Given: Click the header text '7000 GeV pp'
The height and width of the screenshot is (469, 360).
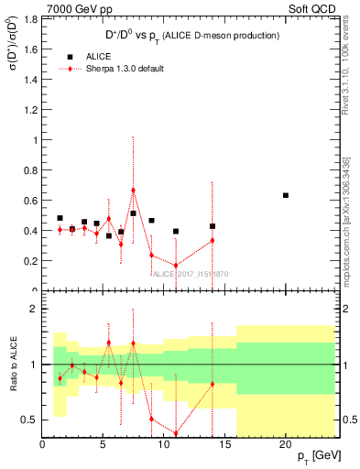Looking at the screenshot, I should point(36,7).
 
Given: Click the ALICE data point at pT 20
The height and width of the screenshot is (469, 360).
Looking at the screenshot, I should point(286,195).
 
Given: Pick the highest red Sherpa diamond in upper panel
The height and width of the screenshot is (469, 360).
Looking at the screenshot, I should point(133,191).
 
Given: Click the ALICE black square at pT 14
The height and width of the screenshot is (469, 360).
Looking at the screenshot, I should point(213,226).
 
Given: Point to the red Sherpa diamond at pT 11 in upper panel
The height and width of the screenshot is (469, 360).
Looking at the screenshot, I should point(176,266).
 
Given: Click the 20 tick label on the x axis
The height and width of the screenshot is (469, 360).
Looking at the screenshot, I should point(286,444).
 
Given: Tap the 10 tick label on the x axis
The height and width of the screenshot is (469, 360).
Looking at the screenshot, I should point(164,444).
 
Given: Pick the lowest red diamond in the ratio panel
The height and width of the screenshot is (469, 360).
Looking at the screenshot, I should point(176,433).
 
